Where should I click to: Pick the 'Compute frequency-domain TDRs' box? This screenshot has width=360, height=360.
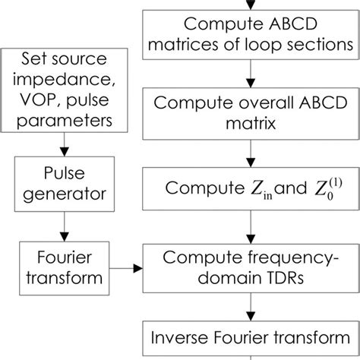pos(250,267)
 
